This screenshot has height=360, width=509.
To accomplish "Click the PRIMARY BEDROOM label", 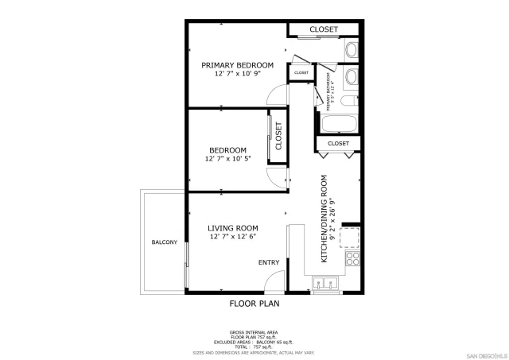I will (x=237, y=65).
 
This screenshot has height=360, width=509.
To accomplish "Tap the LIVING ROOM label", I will (x=233, y=228).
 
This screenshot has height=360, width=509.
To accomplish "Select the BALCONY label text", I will (x=164, y=242).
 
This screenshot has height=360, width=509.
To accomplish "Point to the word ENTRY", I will (x=268, y=262).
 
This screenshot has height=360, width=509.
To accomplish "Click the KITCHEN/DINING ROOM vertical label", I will (x=324, y=219).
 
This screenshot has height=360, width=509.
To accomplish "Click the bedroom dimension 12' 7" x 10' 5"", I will (x=227, y=159).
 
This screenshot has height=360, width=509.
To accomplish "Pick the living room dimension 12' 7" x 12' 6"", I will (x=233, y=237).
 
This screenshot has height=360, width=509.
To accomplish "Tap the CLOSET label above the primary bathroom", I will (x=324, y=29).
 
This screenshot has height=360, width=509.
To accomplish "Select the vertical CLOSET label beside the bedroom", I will (x=279, y=136).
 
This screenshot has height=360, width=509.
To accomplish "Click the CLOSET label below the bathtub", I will (x=338, y=143).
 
